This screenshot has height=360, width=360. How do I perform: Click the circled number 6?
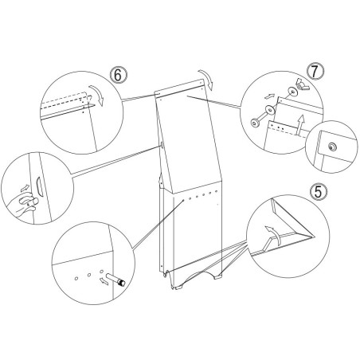[x=119, y=75]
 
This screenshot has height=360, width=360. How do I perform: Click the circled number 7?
[x=315, y=71]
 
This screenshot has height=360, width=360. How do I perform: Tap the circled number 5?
[x=319, y=192]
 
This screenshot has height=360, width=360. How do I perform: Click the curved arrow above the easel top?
[x=207, y=79]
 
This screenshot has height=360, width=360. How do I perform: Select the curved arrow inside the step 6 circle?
[x=98, y=95]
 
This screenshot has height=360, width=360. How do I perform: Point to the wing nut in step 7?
[x=302, y=84]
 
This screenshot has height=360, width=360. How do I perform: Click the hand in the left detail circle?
[x=23, y=203]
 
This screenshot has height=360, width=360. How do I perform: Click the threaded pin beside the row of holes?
[x=115, y=280]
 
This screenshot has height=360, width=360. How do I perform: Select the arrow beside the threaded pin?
[x=104, y=280]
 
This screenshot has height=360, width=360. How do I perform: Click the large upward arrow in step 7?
[x=300, y=125]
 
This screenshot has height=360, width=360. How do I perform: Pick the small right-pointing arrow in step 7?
[x=269, y=96]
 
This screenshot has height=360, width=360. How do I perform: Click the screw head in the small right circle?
[x=331, y=147]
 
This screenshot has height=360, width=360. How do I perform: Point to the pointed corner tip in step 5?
[x=314, y=237]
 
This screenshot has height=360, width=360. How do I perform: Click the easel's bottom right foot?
[x=218, y=277]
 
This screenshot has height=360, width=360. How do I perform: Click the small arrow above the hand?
[x=25, y=189]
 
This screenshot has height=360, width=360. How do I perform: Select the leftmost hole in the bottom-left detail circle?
[x=76, y=278]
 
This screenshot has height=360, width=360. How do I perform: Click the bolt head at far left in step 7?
[x=255, y=123]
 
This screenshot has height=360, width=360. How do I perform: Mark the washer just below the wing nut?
[x=293, y=92]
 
